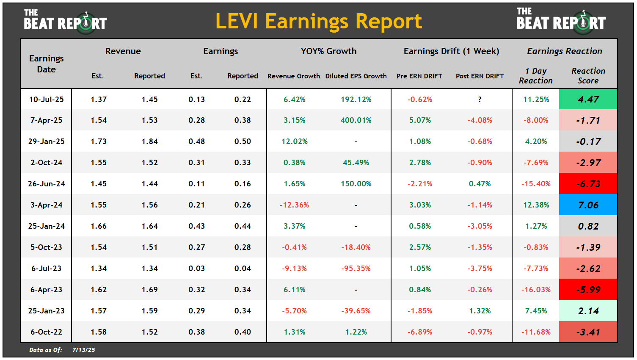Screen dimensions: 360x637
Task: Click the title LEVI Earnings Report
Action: [318, 21]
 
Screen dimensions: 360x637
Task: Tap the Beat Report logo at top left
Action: [65, 21]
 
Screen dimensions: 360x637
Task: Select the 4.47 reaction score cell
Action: [588, 99]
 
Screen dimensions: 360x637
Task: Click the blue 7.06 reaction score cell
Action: [588, 205]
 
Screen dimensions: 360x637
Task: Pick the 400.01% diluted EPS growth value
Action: [356, 120]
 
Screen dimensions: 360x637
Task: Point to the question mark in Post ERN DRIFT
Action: [480, 100]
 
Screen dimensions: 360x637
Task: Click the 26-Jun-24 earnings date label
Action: [47, 184]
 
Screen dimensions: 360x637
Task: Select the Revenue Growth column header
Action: [294, 76]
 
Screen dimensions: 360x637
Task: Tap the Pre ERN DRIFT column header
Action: [419, 76]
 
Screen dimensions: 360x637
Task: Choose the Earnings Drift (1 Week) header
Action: [451, 51]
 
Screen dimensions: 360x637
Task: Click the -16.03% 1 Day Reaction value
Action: [536, 290]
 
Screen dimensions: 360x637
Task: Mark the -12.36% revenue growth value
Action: [294, 205]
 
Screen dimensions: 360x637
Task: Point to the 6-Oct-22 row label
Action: [47, 332]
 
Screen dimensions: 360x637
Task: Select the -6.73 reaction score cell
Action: [588, 184]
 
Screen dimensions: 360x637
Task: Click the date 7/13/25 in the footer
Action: [84, 350]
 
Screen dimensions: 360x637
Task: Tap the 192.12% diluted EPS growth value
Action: [356, 100]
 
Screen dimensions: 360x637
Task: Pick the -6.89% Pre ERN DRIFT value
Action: [420, 332]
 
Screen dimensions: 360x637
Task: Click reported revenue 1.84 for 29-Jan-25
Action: [149, 141]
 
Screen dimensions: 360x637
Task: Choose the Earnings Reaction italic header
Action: [564, 51]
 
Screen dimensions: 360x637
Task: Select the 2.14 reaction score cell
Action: [588, 311]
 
